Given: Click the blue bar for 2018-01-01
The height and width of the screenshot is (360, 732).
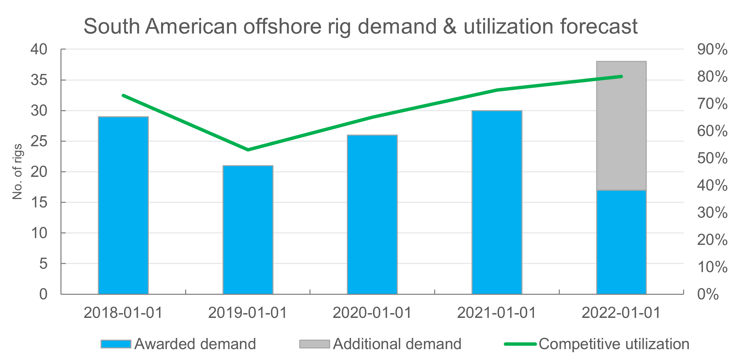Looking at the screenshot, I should (x=123, y=205).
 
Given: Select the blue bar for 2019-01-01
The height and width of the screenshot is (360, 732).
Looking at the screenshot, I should (x=248, y=230).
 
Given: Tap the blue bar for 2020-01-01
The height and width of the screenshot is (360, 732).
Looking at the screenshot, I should (x=372, y=214).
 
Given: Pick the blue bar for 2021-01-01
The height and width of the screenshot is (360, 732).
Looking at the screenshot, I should (x=497, y=202).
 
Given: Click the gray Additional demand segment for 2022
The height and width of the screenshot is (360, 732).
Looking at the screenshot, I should (x=621, y=126).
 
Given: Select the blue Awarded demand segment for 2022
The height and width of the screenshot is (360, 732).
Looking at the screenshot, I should (x=621, y=242).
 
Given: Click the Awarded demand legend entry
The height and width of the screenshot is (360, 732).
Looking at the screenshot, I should (x=178, y=344).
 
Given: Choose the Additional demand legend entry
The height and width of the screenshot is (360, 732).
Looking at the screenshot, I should (x=380, y=344).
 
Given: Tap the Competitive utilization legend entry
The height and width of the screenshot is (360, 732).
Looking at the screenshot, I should (x=597, y=344).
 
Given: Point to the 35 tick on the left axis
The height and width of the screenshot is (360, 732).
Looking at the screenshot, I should (x=39, y=80).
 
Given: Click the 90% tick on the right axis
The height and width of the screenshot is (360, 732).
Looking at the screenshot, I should (x=712, y=50).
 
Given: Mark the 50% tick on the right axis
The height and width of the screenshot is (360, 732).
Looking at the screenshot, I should (x=712, y=158).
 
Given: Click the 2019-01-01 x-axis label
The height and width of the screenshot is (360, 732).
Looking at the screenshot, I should (x=248, y=313).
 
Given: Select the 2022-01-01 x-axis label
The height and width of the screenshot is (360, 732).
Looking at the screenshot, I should (x=621, y=313).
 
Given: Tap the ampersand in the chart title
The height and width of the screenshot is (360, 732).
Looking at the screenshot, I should (x=450, y=26).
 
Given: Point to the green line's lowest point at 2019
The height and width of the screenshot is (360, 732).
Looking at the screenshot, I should (x=248, y=150).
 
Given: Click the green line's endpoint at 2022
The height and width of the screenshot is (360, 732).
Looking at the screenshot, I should (x=621, y=76).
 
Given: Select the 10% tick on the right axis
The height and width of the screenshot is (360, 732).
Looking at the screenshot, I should (x=712, y=267).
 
